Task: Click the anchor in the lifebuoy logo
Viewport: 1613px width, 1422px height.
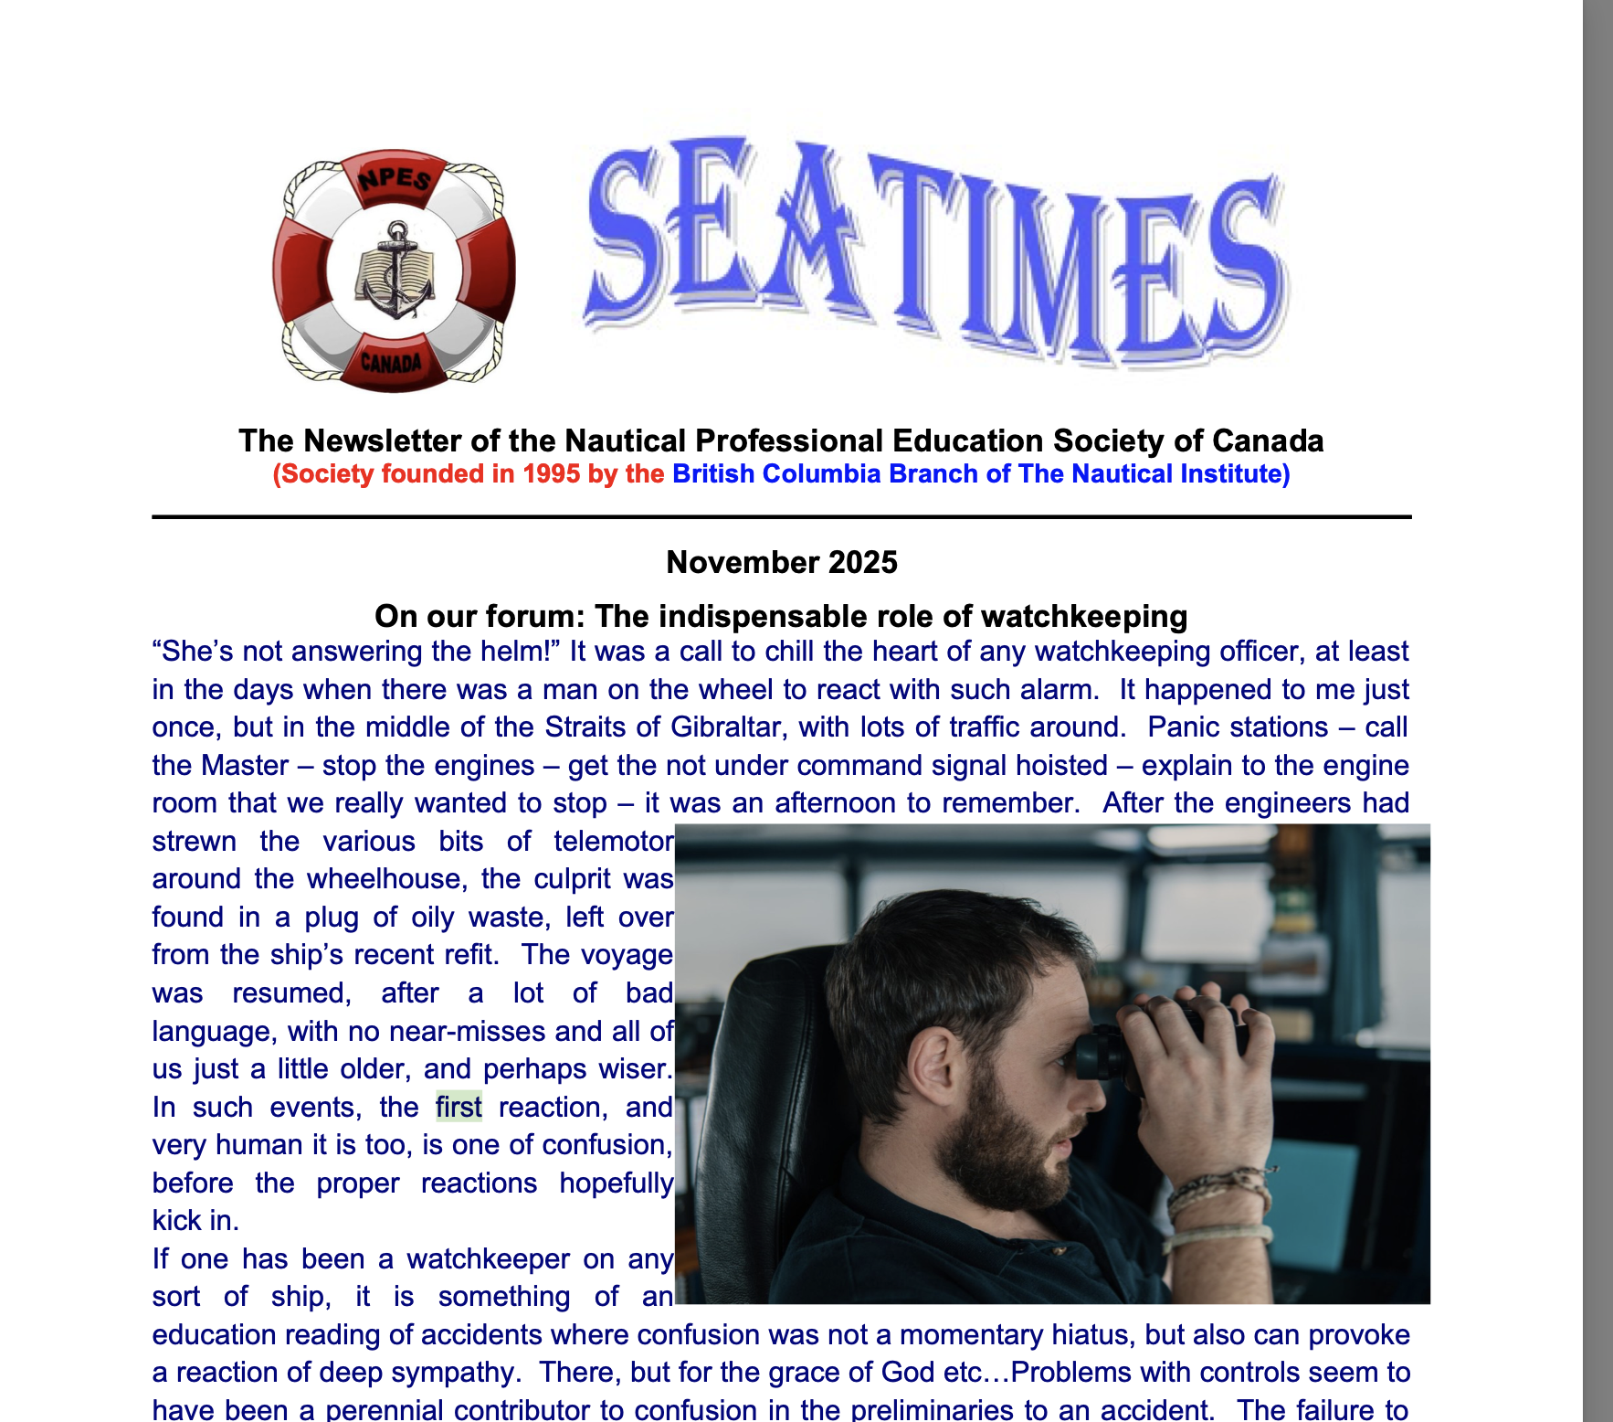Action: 395,271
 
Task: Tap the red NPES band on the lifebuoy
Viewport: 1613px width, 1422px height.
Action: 394,176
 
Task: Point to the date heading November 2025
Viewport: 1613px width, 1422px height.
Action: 782,562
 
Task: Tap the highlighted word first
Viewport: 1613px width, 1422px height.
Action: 459,1108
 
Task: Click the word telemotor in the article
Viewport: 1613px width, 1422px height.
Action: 614,842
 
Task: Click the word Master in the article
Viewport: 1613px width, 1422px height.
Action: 245,766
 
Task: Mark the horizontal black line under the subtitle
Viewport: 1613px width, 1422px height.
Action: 782,517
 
